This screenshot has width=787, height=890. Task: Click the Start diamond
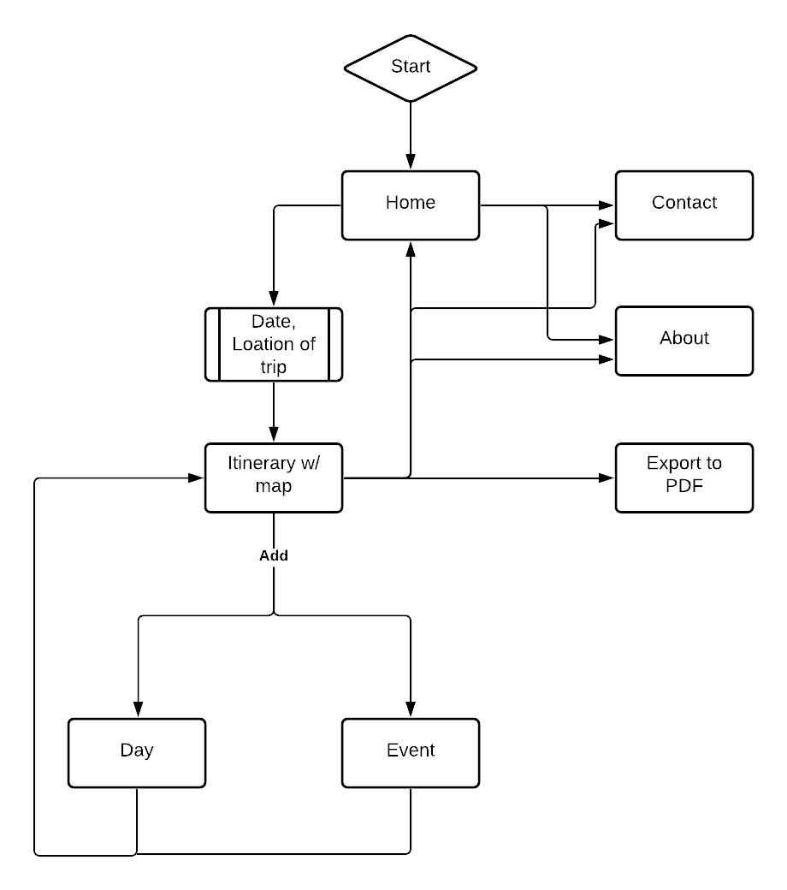[x=411, y=68]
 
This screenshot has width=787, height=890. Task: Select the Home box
[x=411, y=205]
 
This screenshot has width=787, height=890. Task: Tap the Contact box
[x=684, y=205]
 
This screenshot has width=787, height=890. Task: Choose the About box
[x=684, y=341]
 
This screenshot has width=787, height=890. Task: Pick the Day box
[x=137, y=752]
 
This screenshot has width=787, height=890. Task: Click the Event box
[x=411, y=752]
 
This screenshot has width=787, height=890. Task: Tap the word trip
[x=274, y=367]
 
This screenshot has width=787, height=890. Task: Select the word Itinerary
[x=261, y=464]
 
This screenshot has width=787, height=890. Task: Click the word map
[x=274, y=486]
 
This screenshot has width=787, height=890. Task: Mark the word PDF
[x=684, y=486]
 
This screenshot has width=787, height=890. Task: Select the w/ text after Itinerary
[x=310, y=464]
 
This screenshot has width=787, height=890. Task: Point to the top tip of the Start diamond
[x=411, y=39]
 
